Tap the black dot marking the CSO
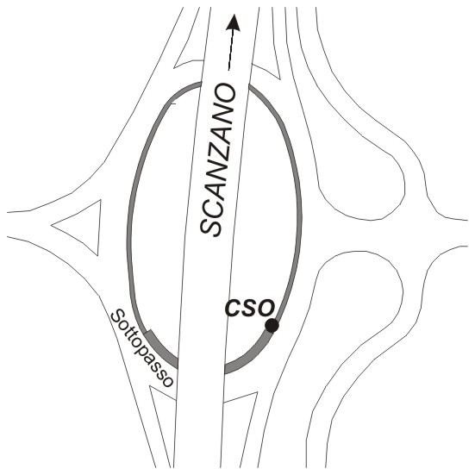pyautogui.click(x=272, y=326)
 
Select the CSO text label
pyautogui.click(x=250, y=309)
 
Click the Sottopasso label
pyautogui.click(x=141, y=348)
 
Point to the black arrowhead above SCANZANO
pyautogui.click(x=234, y=22)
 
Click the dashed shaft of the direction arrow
pyautogui.click(x=231, y=51)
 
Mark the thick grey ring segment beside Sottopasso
pyautogui.click(x=161, y=349)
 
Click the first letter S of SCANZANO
pyautogui.click(x=211, y=224)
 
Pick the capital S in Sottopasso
pyautogui.click(x=118, y=317)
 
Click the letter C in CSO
pyautogui.click(x=233, y=309)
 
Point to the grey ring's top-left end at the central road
pyautogui.click(x=201, y=84)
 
